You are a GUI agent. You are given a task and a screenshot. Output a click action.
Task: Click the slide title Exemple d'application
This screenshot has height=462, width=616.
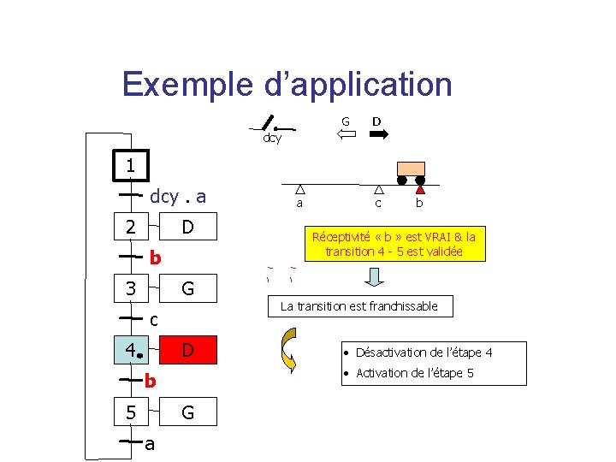click(287, 85)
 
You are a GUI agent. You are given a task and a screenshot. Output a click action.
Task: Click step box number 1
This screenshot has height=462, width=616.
click(130, 165)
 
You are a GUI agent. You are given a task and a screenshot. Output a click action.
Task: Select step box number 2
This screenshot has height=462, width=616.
click(130, 227)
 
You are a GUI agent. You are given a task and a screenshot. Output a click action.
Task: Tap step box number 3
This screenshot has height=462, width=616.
click(130, 288)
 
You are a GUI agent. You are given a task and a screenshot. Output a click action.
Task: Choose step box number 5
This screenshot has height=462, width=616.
click(130, 412)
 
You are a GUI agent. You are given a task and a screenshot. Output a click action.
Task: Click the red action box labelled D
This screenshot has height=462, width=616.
click(187, 350)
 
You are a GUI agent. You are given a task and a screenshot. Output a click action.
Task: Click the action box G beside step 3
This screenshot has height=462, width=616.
click(187, 288)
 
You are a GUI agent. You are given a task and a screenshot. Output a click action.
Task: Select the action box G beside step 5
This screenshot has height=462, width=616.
click(187, 412)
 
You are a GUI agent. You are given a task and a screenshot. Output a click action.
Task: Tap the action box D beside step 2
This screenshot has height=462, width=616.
click(187, 227)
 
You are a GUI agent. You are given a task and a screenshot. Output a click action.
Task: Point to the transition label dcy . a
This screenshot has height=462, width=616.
click(178, 196)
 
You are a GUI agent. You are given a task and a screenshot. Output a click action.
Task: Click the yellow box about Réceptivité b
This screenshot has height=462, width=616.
click(394, 244)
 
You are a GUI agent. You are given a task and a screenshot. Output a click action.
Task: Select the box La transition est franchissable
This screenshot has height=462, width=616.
click(358, 306)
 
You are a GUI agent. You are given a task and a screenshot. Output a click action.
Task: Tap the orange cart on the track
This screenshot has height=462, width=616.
click(412, 169)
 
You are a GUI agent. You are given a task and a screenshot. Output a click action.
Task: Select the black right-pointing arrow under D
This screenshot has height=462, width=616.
click(377, 134)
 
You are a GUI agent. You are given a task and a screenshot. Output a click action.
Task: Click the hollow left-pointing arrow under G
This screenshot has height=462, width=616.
click(346, 134)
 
